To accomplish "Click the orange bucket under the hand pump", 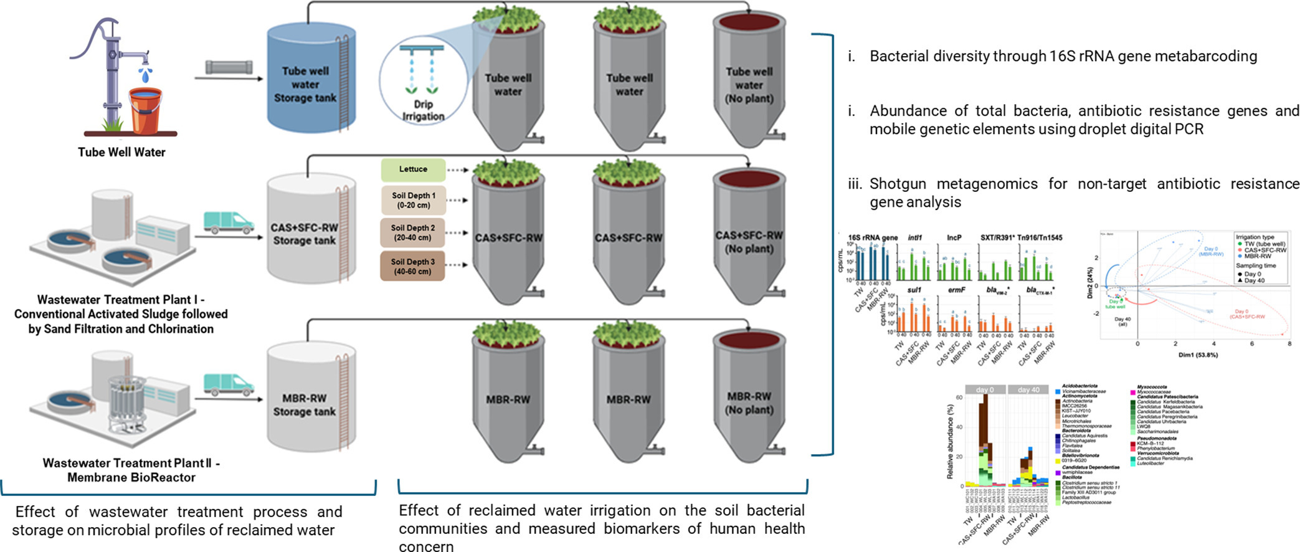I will coord(145,111).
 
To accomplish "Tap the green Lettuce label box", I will coord(413,169).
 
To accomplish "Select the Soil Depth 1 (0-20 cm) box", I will coord(413,200).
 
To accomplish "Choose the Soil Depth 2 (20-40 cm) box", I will coord(413,232).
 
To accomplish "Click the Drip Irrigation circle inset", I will coord(423,80).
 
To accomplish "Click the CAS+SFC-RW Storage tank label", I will coord(304,234).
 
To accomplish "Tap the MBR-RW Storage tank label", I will coord(304,405).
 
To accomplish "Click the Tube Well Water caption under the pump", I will coord(121,152).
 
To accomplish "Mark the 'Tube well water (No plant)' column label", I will coord(749,85).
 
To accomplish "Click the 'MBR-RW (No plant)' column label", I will coord(749,403).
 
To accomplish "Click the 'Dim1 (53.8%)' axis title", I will coord(1198,355).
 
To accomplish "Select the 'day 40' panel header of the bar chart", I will coord(1028,389).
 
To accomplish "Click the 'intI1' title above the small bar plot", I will coord(914,237).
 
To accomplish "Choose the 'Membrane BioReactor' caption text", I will coord(131,478).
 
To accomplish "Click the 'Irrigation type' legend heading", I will coord(1255,237).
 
